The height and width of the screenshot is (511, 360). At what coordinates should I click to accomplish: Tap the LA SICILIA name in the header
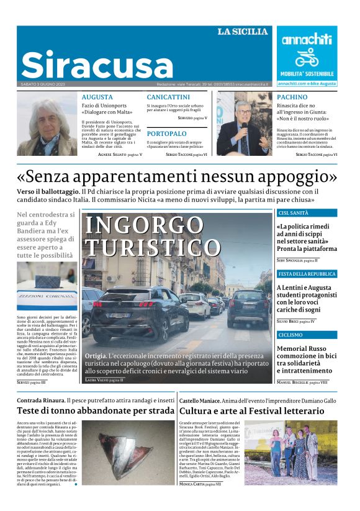click(x=243, y=32)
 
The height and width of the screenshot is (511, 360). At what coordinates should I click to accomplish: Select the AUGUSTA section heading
click(x=97, y=97)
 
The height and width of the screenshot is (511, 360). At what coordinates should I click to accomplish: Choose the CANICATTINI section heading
click(x=168, y=97)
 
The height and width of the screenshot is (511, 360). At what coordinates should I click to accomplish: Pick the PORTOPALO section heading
click(x=166, y=133)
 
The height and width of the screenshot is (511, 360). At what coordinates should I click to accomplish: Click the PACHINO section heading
click(x=292, y=97)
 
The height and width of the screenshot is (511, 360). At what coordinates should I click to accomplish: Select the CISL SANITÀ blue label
click(x=294, y=213)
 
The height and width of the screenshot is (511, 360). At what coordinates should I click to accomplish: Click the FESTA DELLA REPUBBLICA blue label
click(x=307, y=274)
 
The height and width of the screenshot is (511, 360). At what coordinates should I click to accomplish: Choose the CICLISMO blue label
click(x=291, y=335)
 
